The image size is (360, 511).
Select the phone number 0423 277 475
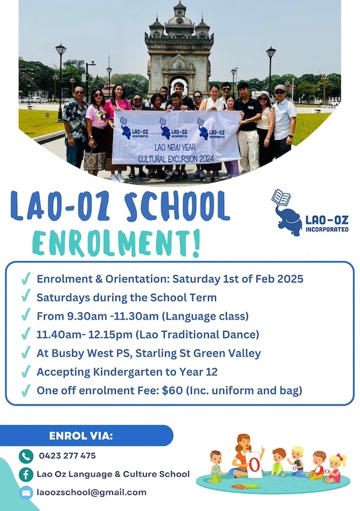tap(66, 455)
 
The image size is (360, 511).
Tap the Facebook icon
tap(26, 474)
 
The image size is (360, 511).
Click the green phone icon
tap(26, 456)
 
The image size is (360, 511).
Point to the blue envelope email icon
tap(26, 492)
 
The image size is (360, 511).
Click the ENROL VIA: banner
tap(81, 436)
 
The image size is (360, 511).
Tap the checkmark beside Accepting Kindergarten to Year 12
tap(26, 370)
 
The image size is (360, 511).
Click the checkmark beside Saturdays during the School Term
tap(26, 297)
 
